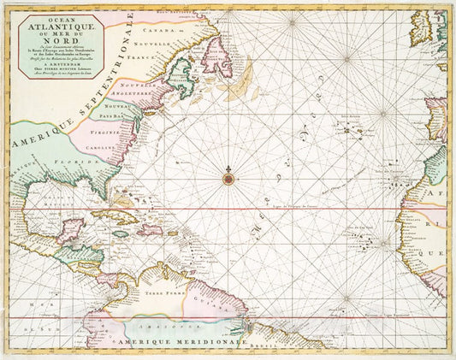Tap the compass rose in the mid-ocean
click(x=228, y=178)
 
